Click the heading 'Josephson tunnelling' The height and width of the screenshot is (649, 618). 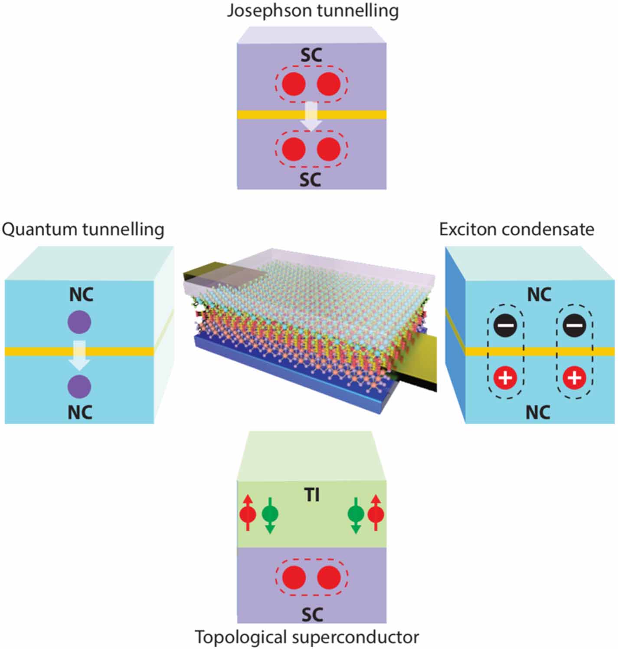pyautogui.click(x=313, y=10)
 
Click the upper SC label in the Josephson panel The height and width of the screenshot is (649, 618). pyautogui.click(x=311, y=55)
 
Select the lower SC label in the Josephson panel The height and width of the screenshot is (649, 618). pyautogui.click(x=311, y=179)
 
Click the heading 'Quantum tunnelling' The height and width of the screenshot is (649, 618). pyautogui.click(x=83, y=229)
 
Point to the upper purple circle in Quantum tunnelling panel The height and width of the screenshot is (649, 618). pyautogui.click(x=79, y=322)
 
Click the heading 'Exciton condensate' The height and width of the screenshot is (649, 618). pyautogui.click(x=517, y=229)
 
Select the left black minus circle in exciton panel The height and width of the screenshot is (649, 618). pyautogui.click(x=506, y=325)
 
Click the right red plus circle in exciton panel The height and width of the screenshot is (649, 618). pyautogui.click(x=574, y=378)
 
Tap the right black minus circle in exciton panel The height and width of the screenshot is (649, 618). pyautogui.click(x=574, y=325)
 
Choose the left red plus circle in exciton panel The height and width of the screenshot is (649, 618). pyautogui.click(x=506, y=378)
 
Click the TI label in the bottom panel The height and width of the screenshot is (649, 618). pyautogui.click(x=312, y=495)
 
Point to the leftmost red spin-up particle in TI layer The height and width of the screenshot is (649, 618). pyautogui.click(x=248, y=514)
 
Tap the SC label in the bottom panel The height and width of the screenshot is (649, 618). pyautogui.click(x=311, y=614)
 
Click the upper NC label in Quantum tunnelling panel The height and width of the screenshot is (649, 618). pyautogui.click(x=81, y=295)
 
